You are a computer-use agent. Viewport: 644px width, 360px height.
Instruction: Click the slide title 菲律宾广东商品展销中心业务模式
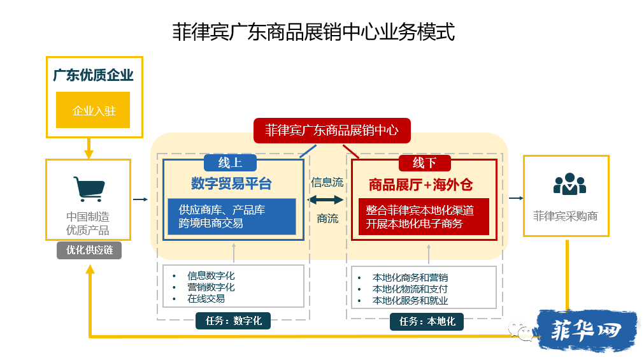click(x=313, y=32)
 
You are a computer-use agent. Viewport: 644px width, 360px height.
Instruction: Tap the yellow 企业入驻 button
click(x=93, y=110)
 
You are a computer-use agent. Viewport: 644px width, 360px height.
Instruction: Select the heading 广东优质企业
click(x=93, y=75)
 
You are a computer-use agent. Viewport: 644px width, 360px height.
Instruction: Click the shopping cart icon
click(x=89, y=189)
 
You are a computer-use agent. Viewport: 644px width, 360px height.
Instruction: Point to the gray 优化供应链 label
click(x=89, y=250)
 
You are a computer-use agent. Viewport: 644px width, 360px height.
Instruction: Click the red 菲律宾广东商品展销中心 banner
click(x=332, y=130)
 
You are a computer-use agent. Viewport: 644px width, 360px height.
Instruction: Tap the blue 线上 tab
click(x=230, y=162)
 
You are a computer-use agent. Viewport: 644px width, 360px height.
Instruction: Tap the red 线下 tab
click(x=425, y=162)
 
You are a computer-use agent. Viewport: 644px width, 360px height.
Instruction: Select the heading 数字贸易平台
click(x=231, y=184)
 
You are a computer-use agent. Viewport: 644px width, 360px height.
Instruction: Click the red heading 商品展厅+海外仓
click(x=420, y=185)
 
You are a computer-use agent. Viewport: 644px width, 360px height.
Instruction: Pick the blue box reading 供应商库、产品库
click(x=232, y=217)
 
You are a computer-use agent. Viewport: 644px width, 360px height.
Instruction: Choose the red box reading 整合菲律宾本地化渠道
click(x=424, y=217)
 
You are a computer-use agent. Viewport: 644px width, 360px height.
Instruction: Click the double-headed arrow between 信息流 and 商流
click(x=326, y=200)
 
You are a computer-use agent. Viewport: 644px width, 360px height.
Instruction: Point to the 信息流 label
click(x=327, y=182)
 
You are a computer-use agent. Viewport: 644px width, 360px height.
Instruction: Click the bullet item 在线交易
click(x=206, y=299)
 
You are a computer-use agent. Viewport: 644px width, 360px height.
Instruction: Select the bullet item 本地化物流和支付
click(x=410, y=289)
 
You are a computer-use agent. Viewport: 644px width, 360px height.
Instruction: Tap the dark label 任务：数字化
click(x=233, y=320)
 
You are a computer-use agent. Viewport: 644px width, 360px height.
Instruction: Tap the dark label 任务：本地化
click(x=427, y=321)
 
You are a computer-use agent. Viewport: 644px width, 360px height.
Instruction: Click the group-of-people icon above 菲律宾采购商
click(x=569, y=184)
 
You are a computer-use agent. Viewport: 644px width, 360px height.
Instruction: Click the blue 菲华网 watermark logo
click(x=587, y=331)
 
